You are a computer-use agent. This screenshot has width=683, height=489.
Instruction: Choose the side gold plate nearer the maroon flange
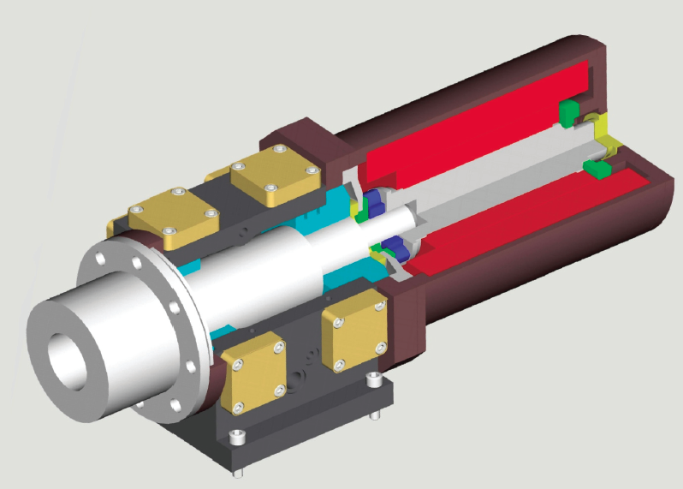[354, 328]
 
